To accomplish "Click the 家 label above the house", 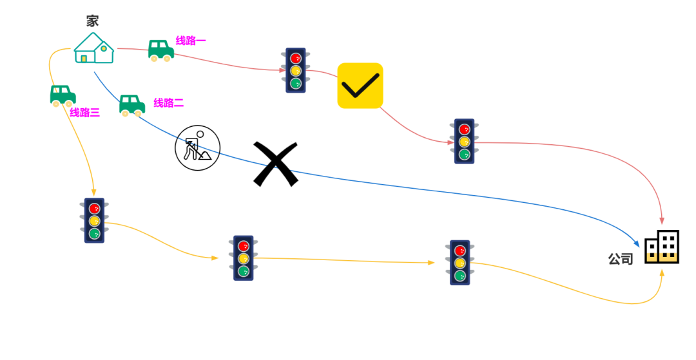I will click(92, 21).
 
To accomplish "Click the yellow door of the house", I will click(84, 59).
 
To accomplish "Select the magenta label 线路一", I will click(191, 41).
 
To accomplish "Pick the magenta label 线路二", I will click(168, 102).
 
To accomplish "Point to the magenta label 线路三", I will click(85, 113).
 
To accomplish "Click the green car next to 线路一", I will click(160, 50).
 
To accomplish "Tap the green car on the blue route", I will click(131, 106).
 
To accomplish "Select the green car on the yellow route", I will click(63, 96).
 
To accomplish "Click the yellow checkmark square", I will click(360, 86).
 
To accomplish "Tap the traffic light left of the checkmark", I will click(296, 70).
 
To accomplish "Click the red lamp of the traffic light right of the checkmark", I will click(464, 129).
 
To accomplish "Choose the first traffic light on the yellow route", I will click(94, 220).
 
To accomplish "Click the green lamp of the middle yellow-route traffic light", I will click(244, 271).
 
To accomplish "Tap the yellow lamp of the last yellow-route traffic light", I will click(459, 263).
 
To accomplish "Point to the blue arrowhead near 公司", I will click(637, 243).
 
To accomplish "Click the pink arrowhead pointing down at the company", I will click(662, 221).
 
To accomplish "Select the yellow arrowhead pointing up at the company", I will click(662, 272).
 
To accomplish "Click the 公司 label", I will click(621, 259).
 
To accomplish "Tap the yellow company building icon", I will click(662, 256).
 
